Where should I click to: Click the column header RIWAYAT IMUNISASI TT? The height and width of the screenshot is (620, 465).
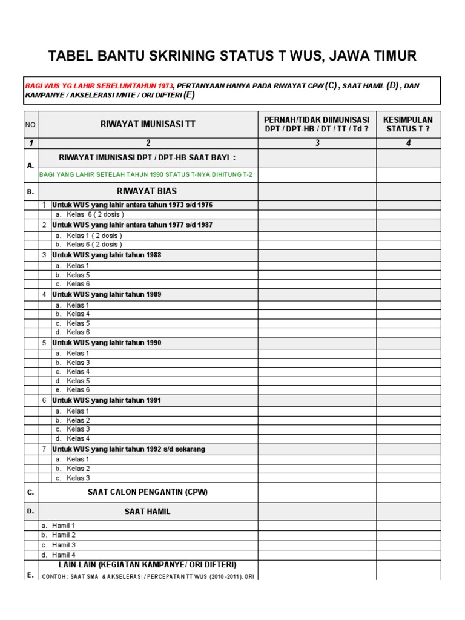tap(148, 124)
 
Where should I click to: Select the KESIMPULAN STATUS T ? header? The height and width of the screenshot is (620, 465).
tap(408, 124)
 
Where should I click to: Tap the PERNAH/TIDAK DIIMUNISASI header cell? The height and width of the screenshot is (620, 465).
tap(317, 124)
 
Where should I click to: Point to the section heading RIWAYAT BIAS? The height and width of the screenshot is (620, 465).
tap(147, 191)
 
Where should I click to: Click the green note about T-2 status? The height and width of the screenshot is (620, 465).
tap(146, 175)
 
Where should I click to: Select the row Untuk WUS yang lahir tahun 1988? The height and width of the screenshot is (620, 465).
tap(107, 255)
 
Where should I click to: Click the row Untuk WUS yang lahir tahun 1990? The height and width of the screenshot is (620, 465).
tap(107, 343)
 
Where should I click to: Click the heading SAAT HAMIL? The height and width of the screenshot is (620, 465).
tap(147, 512)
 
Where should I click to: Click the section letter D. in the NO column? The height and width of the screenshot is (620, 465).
tap(30, 512)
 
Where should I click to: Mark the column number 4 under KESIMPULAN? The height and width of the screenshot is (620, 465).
tap(408, 143)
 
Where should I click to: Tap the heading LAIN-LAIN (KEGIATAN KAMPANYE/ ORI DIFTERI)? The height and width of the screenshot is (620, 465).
tap(147, 564)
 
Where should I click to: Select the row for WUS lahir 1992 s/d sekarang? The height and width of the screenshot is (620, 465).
tap(128, 449)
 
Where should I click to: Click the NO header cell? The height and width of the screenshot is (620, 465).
tap(30, 124)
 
